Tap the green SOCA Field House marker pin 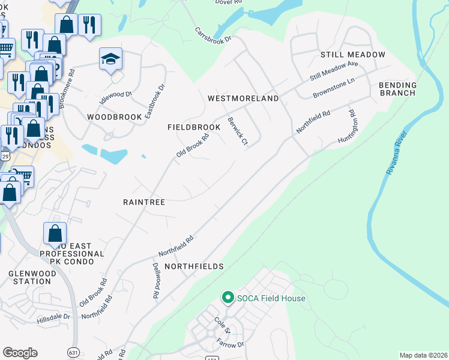coord(228,298)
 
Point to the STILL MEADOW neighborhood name coord(352,55)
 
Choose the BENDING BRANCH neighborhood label coord(397,89)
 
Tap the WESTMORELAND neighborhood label coord(243,98)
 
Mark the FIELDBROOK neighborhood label coord(190,128)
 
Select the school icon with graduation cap coord(110,59)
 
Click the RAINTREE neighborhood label coord(144,203)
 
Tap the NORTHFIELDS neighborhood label coord(194,266)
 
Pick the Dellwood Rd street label coord(155,281)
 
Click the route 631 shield coord(74,352)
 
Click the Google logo coord(20,353)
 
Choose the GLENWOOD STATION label coord(30,277)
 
